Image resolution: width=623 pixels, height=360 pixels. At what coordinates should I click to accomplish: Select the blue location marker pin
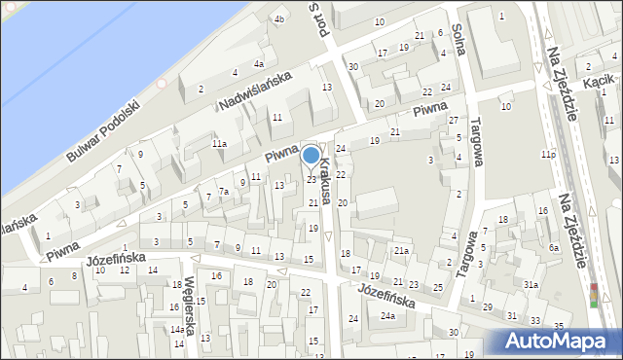[x=311, y=156]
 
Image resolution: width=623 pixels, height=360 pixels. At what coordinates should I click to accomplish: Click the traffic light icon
[x=595, y=295]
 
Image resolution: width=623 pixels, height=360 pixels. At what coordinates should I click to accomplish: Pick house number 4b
[x=279, y=19]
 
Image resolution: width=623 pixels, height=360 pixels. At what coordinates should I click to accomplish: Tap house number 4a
[x=258, y=64]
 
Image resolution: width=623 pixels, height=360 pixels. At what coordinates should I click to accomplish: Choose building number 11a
[x=220, y=144]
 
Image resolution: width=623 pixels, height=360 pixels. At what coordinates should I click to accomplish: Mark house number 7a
[x=223, y=192]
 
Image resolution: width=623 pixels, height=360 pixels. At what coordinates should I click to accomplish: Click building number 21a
[x=401, y=251]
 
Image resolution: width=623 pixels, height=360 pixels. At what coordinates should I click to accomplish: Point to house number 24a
[x=388, y=316]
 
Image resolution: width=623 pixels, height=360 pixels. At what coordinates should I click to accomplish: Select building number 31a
[x=531, y=285]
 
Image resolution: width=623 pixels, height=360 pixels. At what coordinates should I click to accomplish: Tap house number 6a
[x=553, y=248]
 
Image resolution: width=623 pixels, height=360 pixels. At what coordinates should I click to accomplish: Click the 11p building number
[x=549, y=155]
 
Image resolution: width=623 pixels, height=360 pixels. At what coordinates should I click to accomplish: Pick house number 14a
[x=178, y=330]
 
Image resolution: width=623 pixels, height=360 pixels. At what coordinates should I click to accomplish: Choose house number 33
[x=534, y=321]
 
